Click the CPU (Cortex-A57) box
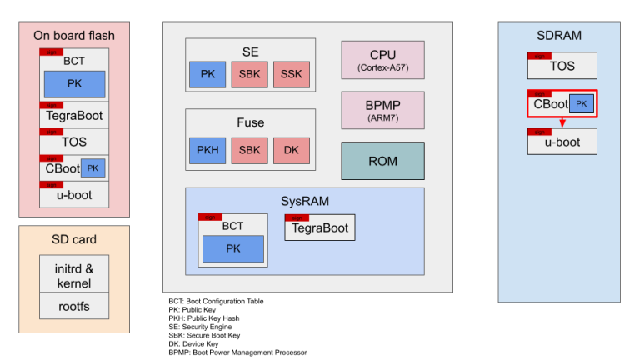pyautogui.click(x=382, y=60)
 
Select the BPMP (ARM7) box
pyautogui.click(x=382, y=110)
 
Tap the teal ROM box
pyautogui.click(x=382, y=161)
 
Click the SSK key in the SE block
pyautogui.click(x=291, y=75)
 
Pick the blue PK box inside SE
pyautogui.click(x=207, y=75)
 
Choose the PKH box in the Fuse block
pyautogui.click(x=207, y=150)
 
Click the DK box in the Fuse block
pyautogui.click(x=291, y=150)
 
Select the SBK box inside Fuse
pyautogui.click(x=249, y=150)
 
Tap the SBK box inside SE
pyautogui.click(x=249, y=75)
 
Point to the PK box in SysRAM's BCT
pyautogui.click(x=232, y=248)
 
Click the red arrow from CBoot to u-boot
pyautogui.click(x=562, y=122)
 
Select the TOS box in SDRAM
pyautogui.click(x=562, y=66)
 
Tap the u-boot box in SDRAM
pyautogui.click(x=562, y=142)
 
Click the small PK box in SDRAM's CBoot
pyautogui.click(x=581, y=104)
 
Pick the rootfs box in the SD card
pyautogui.click(x=74, y=306)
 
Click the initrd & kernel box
pyautogui.click(x=74, y=274)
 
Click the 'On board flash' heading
pyautogui.click(x=74, y=35)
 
